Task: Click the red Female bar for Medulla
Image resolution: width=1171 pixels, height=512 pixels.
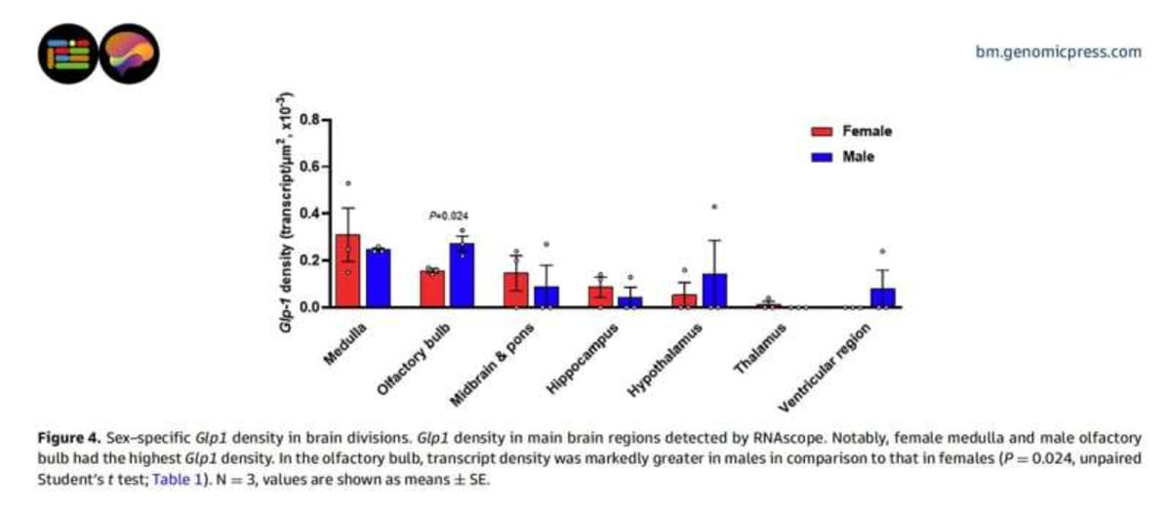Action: click(x=346, y=271)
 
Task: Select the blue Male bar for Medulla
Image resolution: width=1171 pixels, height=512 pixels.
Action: click(x=377, y=279)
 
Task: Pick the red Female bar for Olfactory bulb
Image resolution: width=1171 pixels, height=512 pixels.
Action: click(x=431, y=289)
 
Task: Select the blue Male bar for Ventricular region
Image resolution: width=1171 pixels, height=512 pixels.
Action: click(x=882, y=297)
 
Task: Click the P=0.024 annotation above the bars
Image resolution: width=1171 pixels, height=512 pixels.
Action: click(x=448, y=216)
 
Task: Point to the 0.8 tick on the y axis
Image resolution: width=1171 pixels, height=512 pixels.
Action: click(x=307, y=120)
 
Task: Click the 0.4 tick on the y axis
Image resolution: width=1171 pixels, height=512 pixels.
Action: click(x=307, y=214)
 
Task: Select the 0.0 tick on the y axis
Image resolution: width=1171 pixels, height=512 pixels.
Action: click(x=307, y=307)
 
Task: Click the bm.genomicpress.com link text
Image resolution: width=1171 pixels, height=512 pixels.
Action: click(x=1058, y=52)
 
